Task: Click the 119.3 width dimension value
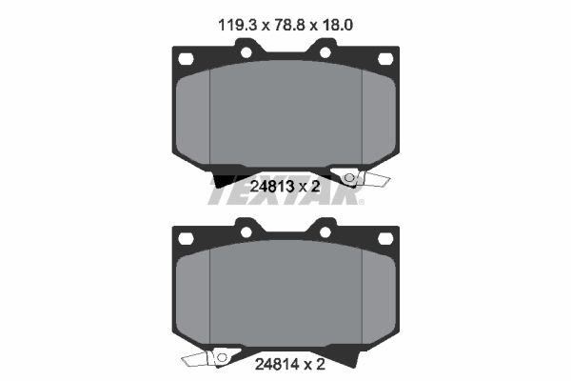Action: [237, 25]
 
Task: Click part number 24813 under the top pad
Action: [271, 187]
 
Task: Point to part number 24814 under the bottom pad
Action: [277, 364]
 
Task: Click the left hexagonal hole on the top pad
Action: [186, 59]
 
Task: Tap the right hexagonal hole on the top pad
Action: [385, 59]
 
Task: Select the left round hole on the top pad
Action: [246, 52]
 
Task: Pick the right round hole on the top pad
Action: [325, 52]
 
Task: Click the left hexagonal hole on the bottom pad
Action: [186, 238]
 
